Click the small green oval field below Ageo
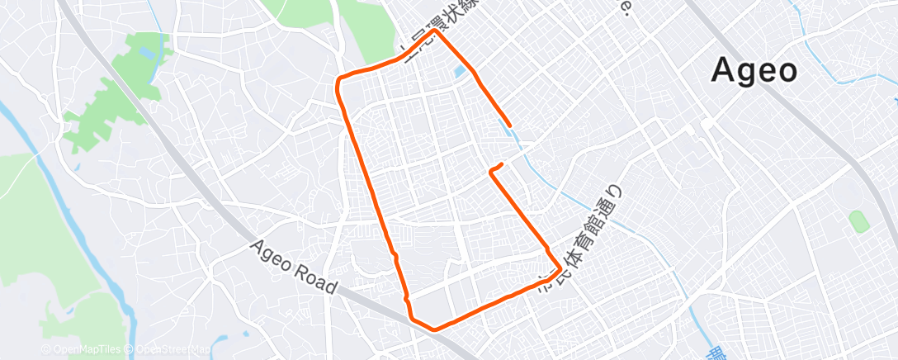pyautogui.click(x=858, y=220)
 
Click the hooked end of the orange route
pyautogui.click(x=494, y=170)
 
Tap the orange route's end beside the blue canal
pyautogui.click(x=511, y=126)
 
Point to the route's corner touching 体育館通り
pyautogui.click(x=561, y=269)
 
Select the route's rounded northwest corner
pyautogui.click(x=338, y=80)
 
